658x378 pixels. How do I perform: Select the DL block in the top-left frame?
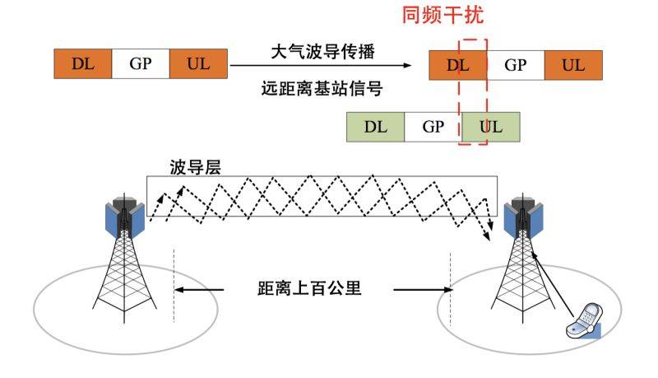82,65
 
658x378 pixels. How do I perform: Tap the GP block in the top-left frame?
140,65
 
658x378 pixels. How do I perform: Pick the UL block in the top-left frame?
197,65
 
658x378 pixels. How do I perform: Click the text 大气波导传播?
322,52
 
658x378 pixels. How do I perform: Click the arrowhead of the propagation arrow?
408,65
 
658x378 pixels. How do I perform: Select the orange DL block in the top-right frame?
457,65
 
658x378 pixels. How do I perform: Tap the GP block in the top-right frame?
515,65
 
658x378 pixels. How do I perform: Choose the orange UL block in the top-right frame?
572,65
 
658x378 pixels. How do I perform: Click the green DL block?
375,127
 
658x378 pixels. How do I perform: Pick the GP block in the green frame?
433,127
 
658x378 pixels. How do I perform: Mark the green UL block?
490,127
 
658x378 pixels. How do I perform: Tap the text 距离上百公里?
308,290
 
